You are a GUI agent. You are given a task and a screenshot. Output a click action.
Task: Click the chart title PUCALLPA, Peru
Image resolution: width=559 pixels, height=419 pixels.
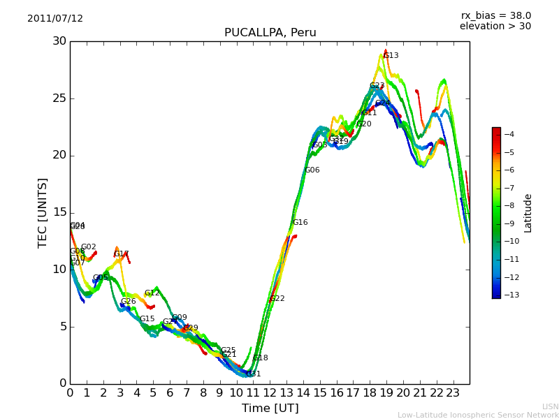(270, 33)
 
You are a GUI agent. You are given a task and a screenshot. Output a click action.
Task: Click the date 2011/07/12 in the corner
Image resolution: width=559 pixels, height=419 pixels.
(55, 19)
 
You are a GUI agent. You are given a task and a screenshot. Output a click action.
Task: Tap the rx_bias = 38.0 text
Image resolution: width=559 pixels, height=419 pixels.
(495, 16)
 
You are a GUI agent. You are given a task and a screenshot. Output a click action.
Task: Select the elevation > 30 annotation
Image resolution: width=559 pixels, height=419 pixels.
(495, 27)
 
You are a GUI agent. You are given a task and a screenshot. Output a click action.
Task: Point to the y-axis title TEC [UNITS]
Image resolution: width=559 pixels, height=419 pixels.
(43, 212)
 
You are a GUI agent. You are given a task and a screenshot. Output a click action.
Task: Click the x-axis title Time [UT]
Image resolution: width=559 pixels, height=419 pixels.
(270, 409)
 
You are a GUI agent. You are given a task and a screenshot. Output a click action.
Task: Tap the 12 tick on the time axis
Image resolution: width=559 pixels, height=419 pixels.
(270, 393)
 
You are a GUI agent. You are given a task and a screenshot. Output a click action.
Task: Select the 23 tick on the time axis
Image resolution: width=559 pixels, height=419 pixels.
(453, 393)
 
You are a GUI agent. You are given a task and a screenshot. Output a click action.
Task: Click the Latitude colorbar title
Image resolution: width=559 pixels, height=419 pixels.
(528, 212)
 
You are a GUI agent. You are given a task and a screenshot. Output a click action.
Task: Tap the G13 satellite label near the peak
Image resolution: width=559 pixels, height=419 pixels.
(391, 56)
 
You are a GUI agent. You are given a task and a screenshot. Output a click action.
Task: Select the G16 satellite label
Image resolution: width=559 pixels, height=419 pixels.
(300, 223)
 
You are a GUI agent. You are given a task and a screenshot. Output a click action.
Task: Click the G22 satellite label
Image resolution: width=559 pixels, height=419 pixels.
(277, 299)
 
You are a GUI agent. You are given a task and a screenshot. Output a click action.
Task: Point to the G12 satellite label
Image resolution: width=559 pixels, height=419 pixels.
(152, 293)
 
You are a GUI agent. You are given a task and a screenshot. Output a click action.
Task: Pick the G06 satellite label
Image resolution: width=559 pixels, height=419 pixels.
(312, 170)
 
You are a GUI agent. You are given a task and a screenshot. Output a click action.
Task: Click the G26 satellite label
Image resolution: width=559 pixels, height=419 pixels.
(129, 302)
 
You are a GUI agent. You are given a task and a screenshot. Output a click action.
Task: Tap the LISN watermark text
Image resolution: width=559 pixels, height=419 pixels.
(551, 406)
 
